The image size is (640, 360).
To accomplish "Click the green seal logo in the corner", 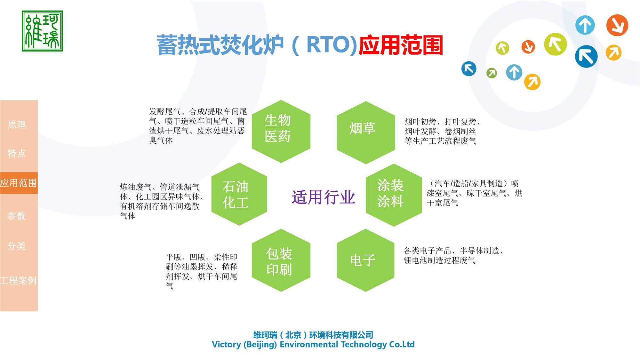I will tap(42, 31).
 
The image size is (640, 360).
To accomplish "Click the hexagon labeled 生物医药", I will tap(281, 131).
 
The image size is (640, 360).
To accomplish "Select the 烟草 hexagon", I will tap(365, 132).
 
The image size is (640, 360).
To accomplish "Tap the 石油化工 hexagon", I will tap(239, 194).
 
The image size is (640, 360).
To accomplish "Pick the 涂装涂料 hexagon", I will tap(394, 195).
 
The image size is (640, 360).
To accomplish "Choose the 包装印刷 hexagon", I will tap(281, 260).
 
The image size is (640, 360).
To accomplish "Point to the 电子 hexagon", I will tap(365, 260).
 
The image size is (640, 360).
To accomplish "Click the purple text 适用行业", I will tap(323, 197).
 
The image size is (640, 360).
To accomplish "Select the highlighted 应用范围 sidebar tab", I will tap(19, 183).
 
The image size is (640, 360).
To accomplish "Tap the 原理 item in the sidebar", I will tap(17, 124).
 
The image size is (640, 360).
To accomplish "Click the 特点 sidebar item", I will tap(17, 153).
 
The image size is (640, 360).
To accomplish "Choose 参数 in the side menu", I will tap(17, 216).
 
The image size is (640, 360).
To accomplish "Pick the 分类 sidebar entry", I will tap(17, 246).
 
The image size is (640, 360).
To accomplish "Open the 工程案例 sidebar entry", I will tap(19, 281).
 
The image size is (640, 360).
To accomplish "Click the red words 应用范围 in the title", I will tap(401, 45).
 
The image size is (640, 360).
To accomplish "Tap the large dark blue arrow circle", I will tap(586, 57).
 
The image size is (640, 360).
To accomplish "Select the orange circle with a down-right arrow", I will tap(617, 25).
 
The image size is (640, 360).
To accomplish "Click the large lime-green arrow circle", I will tap(555, 44).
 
